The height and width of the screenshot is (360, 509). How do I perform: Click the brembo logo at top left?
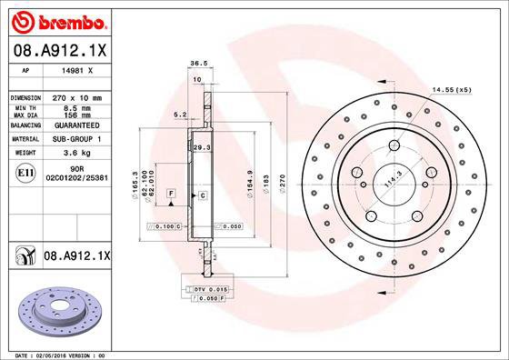56,18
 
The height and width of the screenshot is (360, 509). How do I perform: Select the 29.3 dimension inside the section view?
202,146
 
